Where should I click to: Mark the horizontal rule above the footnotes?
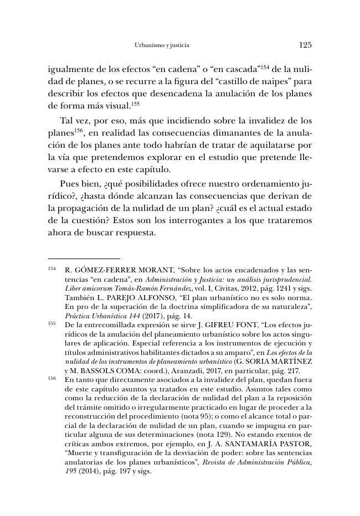coord(84,259)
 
